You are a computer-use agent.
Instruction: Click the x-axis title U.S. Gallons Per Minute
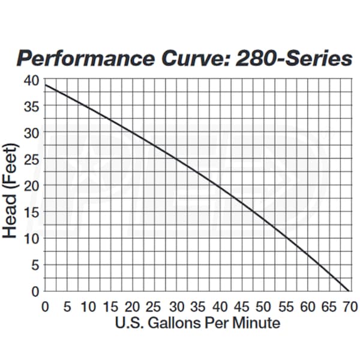click(197, 323)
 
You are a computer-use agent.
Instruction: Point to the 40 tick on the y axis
click(32, 80)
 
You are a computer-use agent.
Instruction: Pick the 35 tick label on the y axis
click(32, 107)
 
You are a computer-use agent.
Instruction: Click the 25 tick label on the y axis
click(32, 160)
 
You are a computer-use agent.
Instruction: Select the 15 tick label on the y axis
click(32, 212)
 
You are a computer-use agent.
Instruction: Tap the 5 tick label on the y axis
click(35, 265)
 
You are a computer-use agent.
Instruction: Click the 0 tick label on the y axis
click(35, 291)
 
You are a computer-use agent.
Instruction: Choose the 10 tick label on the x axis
click(88, 307)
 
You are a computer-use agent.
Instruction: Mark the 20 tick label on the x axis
click(132, 307)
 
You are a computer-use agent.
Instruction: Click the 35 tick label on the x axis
click(197, 307)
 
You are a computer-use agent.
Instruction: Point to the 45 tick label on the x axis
click(241, 307)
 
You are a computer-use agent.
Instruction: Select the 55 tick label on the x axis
click(284, 307)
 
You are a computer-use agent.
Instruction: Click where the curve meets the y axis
click(46, 85)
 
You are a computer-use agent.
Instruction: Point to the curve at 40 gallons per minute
click(219, 186)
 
